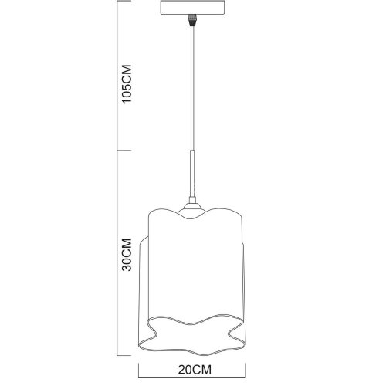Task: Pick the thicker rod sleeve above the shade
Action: pos(190,178)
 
